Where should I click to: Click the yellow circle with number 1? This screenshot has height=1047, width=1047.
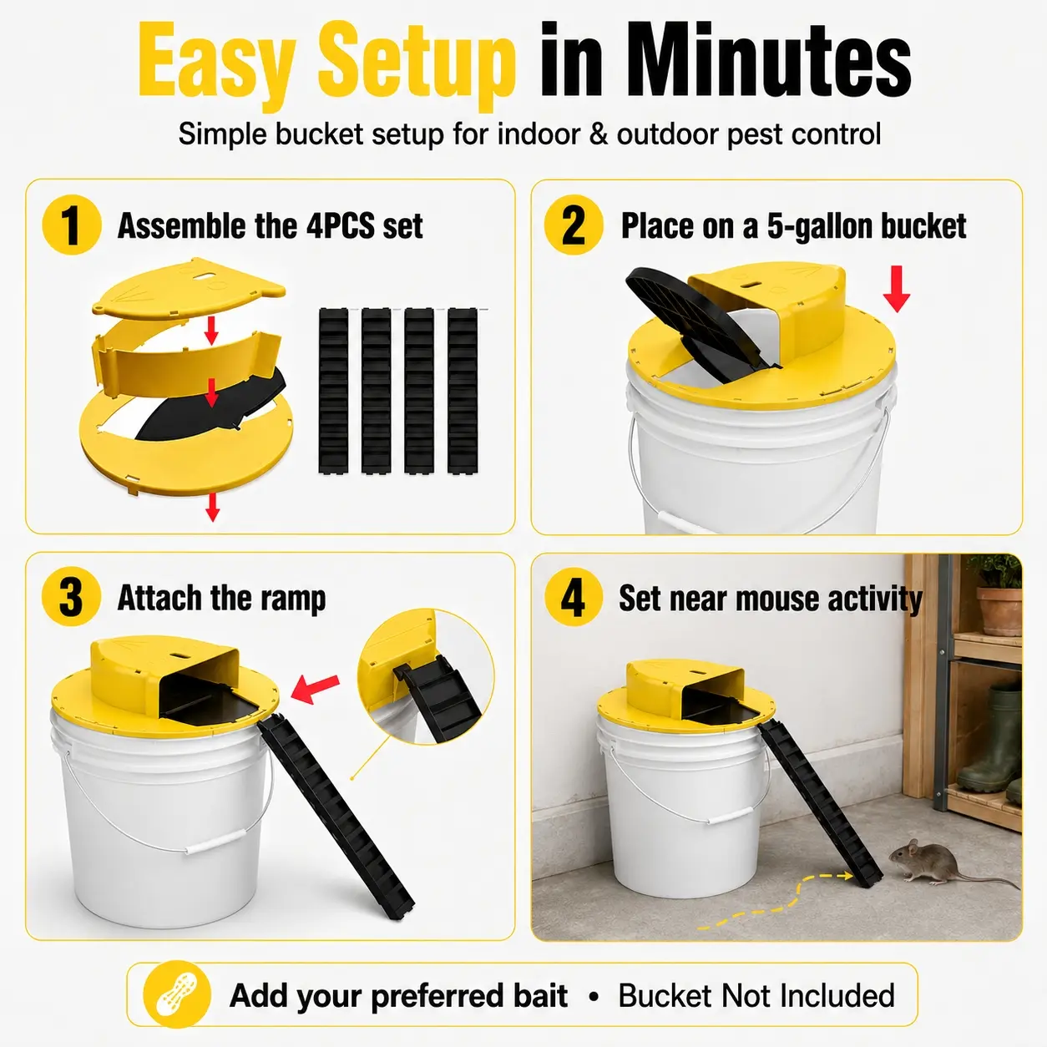(72, 225)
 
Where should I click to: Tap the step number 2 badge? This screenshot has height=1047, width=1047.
(574, 225)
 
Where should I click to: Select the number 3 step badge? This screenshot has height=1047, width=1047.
(71, 598)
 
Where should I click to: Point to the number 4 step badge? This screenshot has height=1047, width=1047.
(574, 598)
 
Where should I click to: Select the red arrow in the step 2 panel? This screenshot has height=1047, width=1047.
(896, 289)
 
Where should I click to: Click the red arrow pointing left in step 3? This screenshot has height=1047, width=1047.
(315, 689)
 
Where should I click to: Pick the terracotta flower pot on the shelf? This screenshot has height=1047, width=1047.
(999, 610)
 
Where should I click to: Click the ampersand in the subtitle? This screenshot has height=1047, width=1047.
(598, 134)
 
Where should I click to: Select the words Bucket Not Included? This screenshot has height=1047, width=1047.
(756, 995)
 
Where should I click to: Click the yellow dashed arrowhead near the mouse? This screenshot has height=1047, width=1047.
(845, 875)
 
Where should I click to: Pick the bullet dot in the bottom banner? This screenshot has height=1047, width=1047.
(594, 996)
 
